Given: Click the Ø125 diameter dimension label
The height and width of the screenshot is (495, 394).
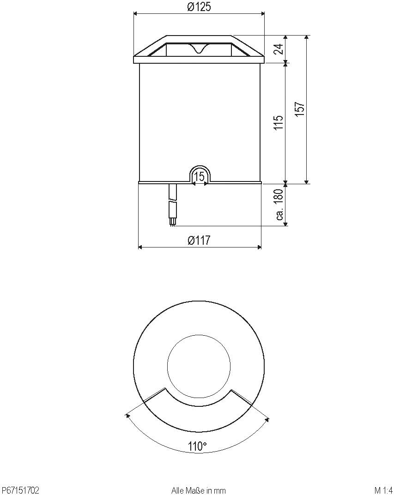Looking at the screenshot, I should (x=199, y=7).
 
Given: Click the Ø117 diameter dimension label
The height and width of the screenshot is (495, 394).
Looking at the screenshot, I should (x=199, y=240).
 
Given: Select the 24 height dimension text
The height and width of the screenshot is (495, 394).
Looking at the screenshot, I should (x=278, y=48).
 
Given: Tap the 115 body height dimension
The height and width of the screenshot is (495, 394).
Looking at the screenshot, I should (x=278, y=123).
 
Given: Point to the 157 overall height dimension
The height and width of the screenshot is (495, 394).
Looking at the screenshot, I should (x=300, y=109).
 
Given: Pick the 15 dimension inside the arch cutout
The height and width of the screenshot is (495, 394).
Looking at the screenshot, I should (x=200, y=177).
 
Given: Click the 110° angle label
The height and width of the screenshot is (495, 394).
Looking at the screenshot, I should (x=197, y=447).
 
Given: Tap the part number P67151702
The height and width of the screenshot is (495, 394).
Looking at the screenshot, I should (x=21, y=490).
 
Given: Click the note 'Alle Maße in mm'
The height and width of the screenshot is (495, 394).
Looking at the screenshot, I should (x=199, y=490).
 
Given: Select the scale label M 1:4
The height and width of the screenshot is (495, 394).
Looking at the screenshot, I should (x=383, y=490).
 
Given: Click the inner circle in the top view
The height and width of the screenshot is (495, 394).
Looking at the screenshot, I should (x=199, y=369).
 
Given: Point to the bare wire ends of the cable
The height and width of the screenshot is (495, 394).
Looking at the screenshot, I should (x=172, y=223).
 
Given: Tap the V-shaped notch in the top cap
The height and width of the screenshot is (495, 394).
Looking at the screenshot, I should (x=199, y=48).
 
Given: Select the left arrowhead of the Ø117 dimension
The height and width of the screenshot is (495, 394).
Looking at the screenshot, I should (x=140, y=247).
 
